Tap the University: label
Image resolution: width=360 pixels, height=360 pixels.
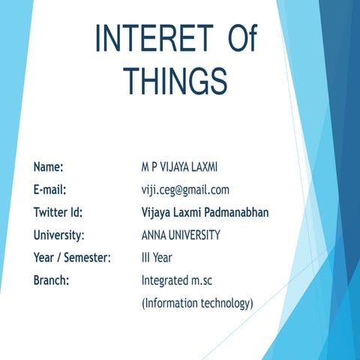pyautogui.click(x=58, y=235)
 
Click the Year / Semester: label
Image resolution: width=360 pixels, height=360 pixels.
pyautogui.click(x=72, y=258)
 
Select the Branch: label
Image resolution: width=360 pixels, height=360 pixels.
pyautogui.click(x=52, y=280)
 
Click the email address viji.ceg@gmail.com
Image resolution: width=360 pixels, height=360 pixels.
pyautogui.click(x=185, y=190)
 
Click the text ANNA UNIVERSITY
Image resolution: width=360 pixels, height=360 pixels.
pyautogui.click(x=181, y=235)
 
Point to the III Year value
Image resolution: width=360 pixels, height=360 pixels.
pyautogui.click(x=158, y=258)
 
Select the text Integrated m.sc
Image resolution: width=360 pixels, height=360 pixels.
pyautogui.click(x=177, y=280)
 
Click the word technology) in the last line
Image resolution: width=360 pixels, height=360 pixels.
pyautogui.click(x=227, y=304)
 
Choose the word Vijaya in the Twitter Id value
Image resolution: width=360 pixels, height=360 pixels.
pyautogui.click(x=156, y=212)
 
